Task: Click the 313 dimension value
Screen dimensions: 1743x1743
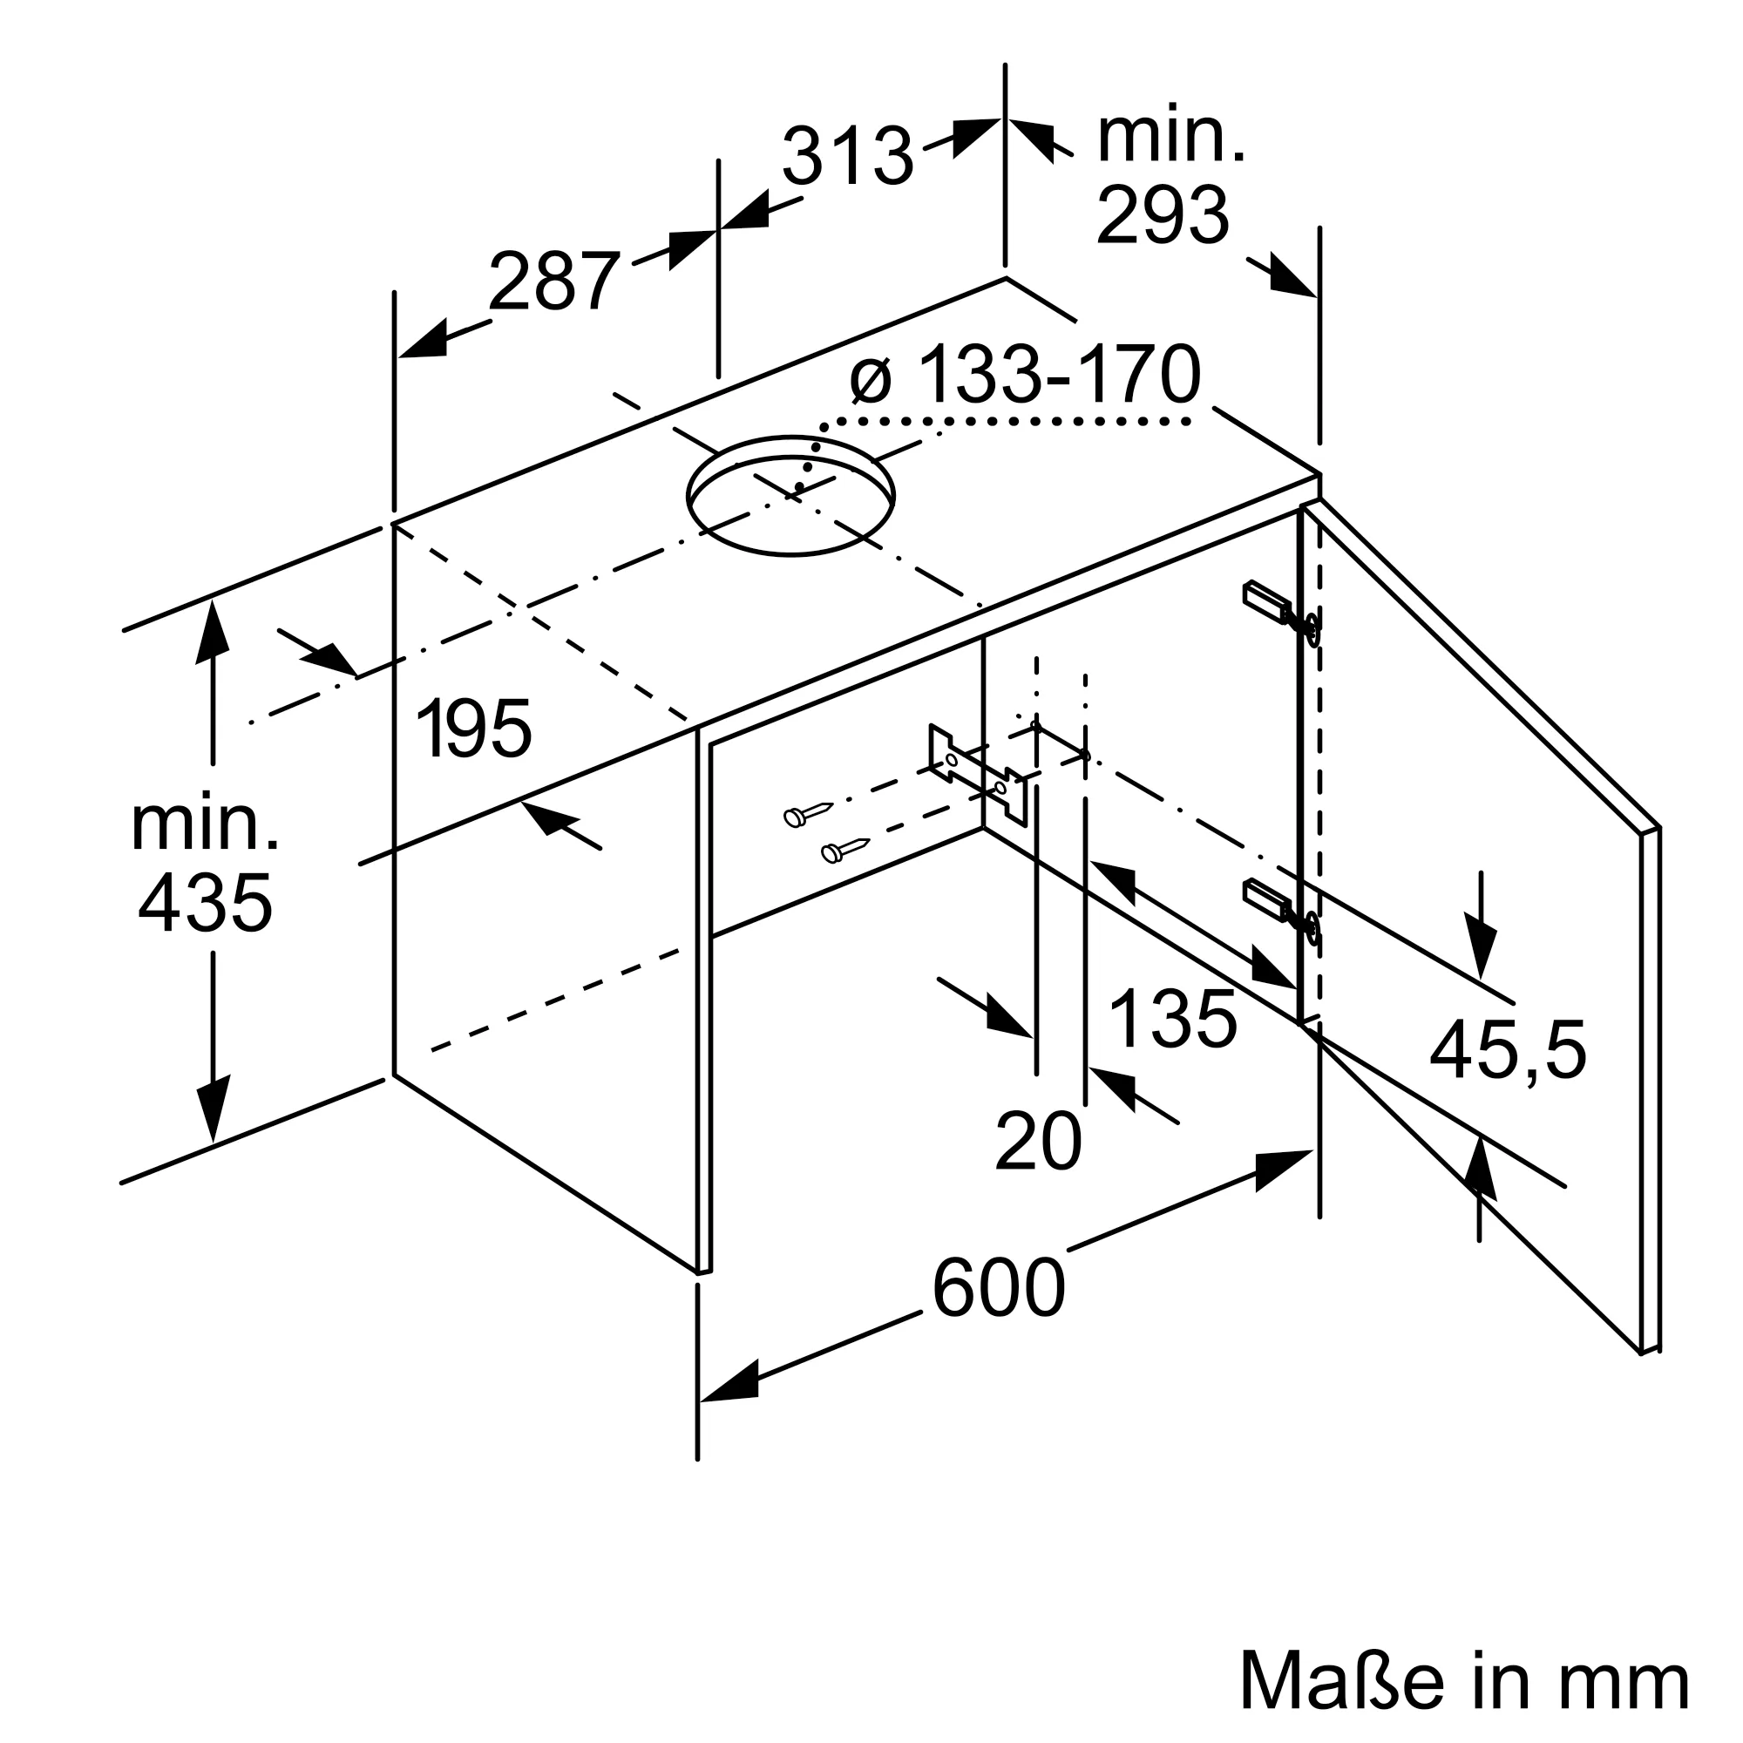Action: (847, 155)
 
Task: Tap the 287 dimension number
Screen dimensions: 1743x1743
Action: (554, 281)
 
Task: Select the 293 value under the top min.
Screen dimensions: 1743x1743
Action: (1162, 214)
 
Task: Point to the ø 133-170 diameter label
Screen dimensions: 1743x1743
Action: (1026, 374)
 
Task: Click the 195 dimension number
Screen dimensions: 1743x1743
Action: (475, 728)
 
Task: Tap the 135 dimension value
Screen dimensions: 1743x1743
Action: (1172, 1019)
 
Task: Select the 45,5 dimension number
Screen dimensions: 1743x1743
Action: (1508, 1049)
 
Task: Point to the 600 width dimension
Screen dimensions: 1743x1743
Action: (999, 1286)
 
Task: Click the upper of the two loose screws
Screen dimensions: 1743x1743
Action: (810, 813)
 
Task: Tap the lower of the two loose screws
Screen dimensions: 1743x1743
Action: (845, 849)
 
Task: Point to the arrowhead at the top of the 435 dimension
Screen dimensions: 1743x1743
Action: (212, 632)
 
